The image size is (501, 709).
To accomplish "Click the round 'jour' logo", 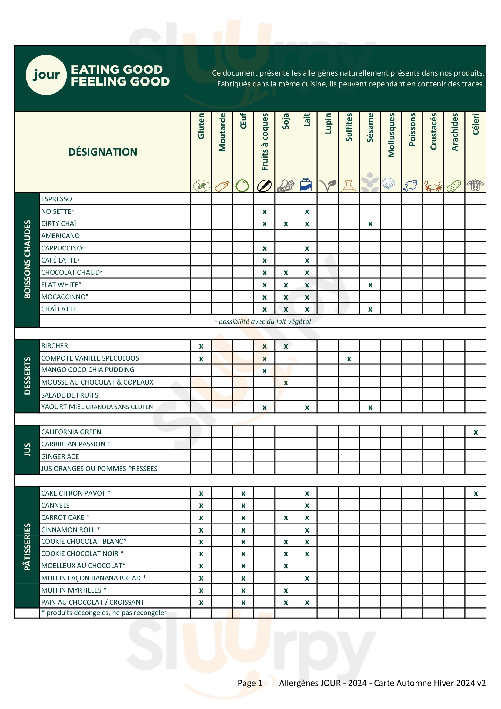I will [x=46, y=75].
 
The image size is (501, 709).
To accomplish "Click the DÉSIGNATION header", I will [x=102, y=152].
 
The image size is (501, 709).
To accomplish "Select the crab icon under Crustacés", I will [x=433, y=186].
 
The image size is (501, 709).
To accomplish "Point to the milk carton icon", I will [x=306, y=185].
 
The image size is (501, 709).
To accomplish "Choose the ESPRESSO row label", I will [x=56, y=199].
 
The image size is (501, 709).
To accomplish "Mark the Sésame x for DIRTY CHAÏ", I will [x=370, y=224].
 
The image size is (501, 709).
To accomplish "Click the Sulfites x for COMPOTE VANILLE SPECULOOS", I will [x=349, y=359].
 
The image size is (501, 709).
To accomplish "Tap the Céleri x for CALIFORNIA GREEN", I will [x=476, y=432].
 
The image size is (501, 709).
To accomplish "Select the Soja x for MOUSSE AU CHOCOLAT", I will [x=286, y=383].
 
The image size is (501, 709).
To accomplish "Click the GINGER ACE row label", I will [x=60, y=456].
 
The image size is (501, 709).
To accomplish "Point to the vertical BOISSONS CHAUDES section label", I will [x=28, y=259].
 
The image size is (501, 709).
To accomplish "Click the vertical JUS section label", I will [x=28, y=450].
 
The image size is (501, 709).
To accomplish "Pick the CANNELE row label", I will [x=55, y=505].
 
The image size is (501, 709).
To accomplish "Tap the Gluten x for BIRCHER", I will [x=201, y=347].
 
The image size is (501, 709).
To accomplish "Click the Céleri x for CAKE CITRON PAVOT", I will [x=476, y=493].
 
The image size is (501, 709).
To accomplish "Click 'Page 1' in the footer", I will [x=250, y=683].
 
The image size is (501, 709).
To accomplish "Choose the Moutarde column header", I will [x=222, y=133].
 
